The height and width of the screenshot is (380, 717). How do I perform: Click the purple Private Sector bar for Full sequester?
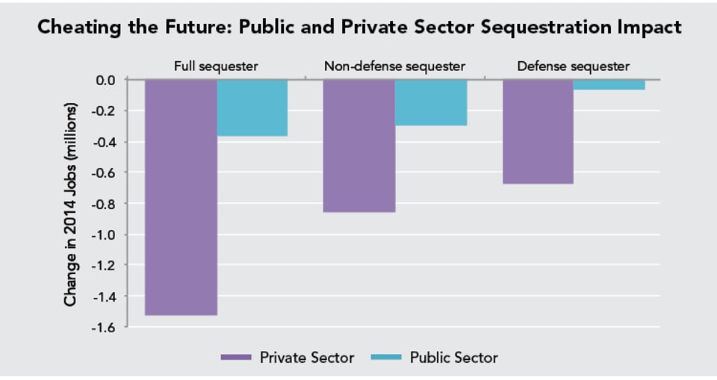click(x=181, y=197)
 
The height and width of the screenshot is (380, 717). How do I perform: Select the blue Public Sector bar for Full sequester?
click(x=252, y=108)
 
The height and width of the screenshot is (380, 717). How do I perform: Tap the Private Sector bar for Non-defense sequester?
click(x=358, y=146)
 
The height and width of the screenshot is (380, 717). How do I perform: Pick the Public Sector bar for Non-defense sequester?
click(x=431, y=102)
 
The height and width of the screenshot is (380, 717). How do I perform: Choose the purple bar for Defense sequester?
click(x=538, y=131)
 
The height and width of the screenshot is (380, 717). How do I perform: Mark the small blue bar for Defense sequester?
click(x=609, y=84)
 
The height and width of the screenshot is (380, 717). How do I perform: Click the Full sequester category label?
click(x=216, y=66)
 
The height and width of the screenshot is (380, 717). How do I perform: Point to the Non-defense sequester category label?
click(x=394, y=66)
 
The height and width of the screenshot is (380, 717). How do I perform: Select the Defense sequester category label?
click(x=574, y=66)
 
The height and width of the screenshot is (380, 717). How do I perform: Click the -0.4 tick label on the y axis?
click(x=105, y=142)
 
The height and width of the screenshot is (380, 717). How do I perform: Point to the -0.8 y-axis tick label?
click(x=105, y=204)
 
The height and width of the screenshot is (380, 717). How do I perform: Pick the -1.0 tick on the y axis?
click(x=105, y=234)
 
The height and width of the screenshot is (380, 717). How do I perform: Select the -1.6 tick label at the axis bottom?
click(x=105, y=327)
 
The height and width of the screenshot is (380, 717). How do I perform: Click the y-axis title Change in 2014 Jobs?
click(x=71, y=204)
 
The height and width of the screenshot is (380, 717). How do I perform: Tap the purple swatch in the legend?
click(x=237, y=358)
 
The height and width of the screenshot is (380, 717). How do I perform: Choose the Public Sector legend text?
click(x=453, y=358)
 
